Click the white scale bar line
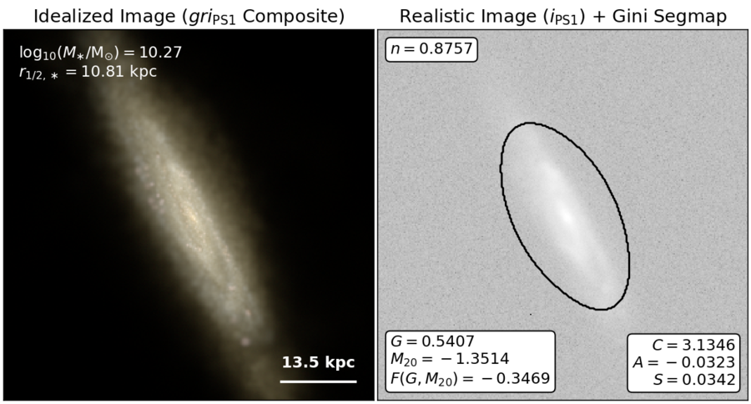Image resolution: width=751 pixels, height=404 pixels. click(x=319, y=381)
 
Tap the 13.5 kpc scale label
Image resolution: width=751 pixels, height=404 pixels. click(x=319, y=362)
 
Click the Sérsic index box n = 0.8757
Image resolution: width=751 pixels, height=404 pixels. click(x=431, y=49)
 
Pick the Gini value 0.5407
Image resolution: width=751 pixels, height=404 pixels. click(x=448, y=341)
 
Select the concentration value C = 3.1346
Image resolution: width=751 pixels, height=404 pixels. click(x=693, y=345)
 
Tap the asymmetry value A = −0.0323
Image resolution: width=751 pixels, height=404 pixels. click(x=684, y=362)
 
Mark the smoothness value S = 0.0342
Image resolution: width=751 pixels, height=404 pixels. click(x=694, y=380)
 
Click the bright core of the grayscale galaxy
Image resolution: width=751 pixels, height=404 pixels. click(x=567, y=215)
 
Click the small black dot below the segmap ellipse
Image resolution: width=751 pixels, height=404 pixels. click(x=531, y=315)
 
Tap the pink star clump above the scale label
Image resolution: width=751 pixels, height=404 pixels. click(x=244, y=341)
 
